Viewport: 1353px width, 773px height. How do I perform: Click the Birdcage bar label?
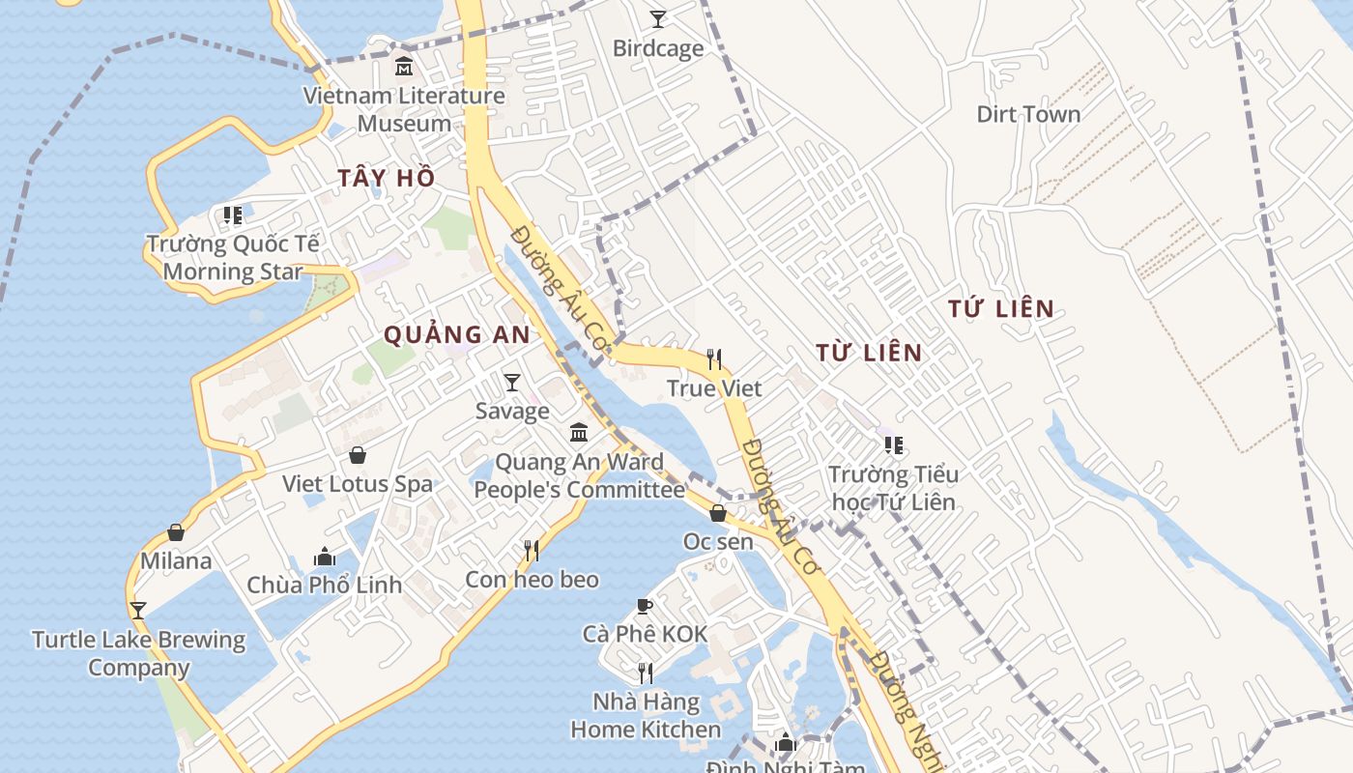[658, 48]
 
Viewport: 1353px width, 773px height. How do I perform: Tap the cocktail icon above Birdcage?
[658, 18]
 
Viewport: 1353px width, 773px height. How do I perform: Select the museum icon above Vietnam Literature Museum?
[404, 67]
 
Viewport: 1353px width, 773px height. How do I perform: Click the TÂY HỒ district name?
[386, 178]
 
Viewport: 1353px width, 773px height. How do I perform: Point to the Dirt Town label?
[1028, 114]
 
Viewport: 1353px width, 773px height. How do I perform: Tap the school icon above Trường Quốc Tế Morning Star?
[233, 215]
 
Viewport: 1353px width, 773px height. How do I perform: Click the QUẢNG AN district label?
[457, 334]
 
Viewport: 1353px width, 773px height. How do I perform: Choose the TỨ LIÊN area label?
[1000, 309]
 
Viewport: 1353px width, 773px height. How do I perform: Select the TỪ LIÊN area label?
[869, 353]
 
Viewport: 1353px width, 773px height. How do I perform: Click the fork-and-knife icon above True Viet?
[714, 359]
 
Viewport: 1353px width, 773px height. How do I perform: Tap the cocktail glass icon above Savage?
[512, 383]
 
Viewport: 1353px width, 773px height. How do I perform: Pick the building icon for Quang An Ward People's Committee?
[579, 432]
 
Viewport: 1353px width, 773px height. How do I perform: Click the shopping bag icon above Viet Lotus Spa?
[358, 455]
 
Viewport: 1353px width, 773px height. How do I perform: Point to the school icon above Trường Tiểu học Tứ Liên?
[894, 445]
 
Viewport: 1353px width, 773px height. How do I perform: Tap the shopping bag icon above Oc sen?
[718, 513]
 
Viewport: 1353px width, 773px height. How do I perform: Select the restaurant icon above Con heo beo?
[532, 551]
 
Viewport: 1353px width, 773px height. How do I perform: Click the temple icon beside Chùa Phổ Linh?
[325, 557]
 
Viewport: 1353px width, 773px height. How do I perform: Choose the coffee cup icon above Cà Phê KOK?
[645, 606]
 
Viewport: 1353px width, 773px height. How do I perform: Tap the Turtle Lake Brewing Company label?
[139, 653]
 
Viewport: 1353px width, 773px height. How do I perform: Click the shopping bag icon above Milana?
[176, 532]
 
